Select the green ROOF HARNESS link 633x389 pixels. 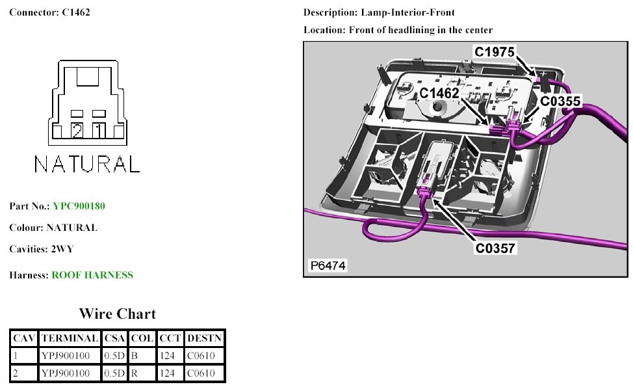click(x=92, y=275)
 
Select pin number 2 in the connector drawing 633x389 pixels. click(x=77, y=131)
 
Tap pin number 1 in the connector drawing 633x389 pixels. click(x=99, y=131)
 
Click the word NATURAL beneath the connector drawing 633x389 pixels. click(x=86, y=164)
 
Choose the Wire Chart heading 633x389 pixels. click(x=117, y=314)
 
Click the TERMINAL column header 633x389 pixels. click(x=70, y=338)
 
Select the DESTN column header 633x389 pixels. click(x=204, y=338)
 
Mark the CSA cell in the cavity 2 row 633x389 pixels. click(x=114, y=373)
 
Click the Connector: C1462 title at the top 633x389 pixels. click(x=49, y=12)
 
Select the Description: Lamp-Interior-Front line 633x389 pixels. click(x=379, y=12)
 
